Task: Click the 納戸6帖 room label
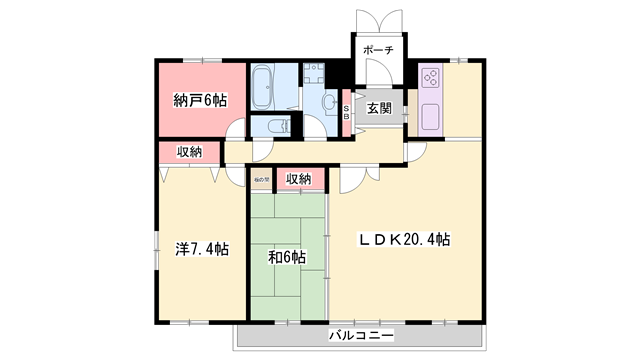[x=199, y=100]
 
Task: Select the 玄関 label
[x=378, y=108]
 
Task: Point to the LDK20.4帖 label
[x=405, y=240]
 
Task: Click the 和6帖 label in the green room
[x=287, y=256]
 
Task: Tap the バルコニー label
[x=361, y=335]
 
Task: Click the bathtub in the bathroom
[x=265, y=88]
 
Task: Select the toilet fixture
[x=279, y=126]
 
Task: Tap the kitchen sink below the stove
[x=431, y=116]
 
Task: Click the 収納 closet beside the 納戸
[x=190, y=152]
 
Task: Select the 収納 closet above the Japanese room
[x=298, y=179]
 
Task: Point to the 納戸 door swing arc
[x=235, y=130]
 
